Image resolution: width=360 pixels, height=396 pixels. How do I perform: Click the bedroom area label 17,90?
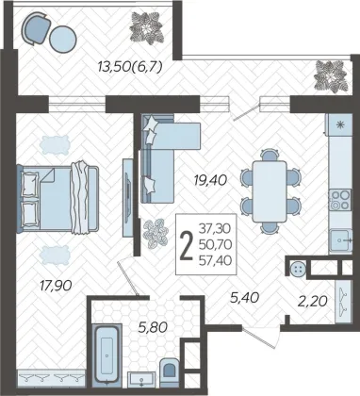[x=56, y=286]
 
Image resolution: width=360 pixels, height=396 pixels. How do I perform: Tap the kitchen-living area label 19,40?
[x=210, y=180]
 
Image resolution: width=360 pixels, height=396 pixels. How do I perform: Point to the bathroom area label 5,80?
[x=152, y=328]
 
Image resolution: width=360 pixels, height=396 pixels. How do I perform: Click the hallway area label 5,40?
[x=244, y=298]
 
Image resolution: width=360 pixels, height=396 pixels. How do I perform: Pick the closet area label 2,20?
[x=313, y=302]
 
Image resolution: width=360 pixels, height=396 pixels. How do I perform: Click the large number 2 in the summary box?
[x=187, y=245]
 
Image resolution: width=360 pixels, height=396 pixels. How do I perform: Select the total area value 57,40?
[x=216, y=260]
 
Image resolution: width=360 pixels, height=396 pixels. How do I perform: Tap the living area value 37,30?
[x=215, y=228]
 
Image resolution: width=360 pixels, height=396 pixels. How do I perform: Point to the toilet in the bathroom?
[x=170, y=372]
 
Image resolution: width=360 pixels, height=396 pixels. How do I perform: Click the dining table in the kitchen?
[x=270, y=191]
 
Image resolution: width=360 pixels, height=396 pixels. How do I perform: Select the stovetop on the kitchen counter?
[x=340, y=200]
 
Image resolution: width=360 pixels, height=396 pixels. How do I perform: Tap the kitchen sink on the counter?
[x=340, y=240]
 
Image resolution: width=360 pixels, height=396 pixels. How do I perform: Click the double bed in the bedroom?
[x=59, y=199]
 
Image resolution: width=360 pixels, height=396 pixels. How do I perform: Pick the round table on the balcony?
[x=63, y=39]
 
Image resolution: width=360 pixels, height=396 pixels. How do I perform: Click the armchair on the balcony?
[x=36, y=28]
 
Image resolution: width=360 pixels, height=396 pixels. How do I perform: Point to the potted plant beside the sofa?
[x=155, y=234]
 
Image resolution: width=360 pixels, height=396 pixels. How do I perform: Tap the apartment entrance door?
[x=260, y=337]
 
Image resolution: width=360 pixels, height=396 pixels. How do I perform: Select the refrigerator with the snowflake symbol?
[x=340, y=124]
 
